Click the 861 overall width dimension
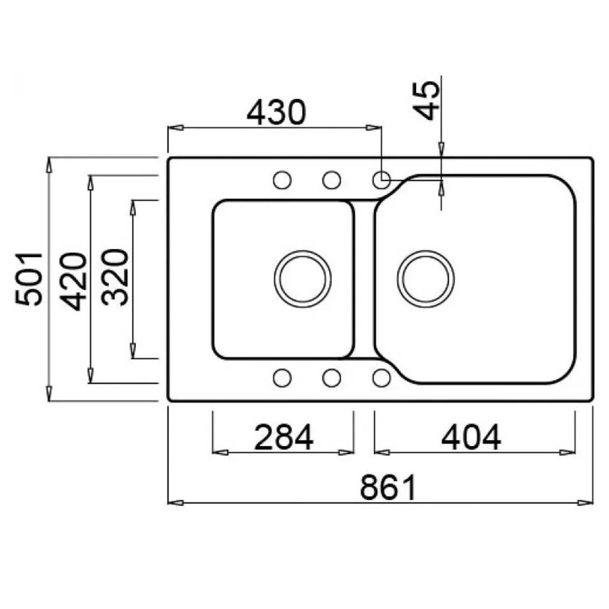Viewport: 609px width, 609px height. pos(388,487)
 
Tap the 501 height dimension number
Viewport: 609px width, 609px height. pos(29,279)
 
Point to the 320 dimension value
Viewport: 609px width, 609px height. pos(114,277)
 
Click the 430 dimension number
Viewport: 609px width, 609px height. pos(276,113)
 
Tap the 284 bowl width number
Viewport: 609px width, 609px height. pos(284,438)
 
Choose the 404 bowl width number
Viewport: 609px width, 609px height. pos(471,438)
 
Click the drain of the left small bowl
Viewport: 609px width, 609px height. pos(303,279)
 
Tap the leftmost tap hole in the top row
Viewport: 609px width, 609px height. pos(283,180)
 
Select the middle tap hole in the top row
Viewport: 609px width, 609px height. pos(332,180)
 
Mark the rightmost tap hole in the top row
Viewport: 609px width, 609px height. pos(381,180)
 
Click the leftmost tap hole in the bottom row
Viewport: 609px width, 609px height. pos(283,378)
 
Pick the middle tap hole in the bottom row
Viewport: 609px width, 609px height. pos(332,378)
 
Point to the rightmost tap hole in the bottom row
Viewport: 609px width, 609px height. pos(381,378)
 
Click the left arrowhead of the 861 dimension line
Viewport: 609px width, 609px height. pos(175,502)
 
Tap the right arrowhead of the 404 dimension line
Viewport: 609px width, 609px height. pos(567,452)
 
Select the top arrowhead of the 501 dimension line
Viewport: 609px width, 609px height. pos(48,164)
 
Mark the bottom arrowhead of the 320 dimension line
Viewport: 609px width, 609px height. pos(133,351)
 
